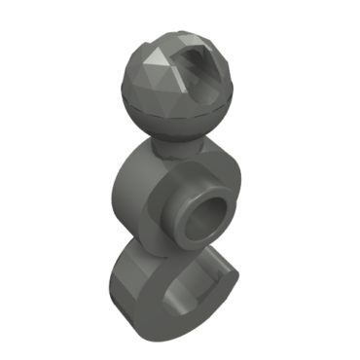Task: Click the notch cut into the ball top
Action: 207,67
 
